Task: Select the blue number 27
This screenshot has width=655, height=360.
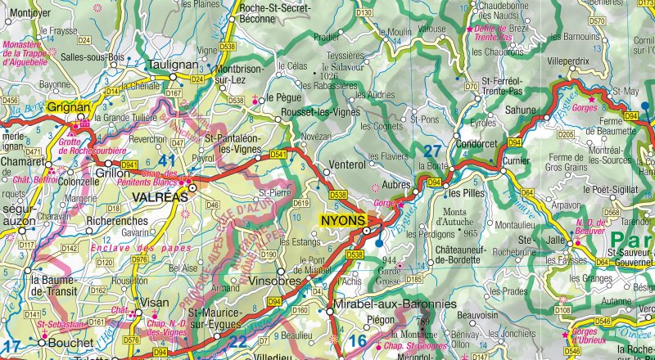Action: (431, 151)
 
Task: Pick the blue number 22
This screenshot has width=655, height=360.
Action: (238, 341)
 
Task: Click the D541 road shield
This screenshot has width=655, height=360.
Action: (278, 154)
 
